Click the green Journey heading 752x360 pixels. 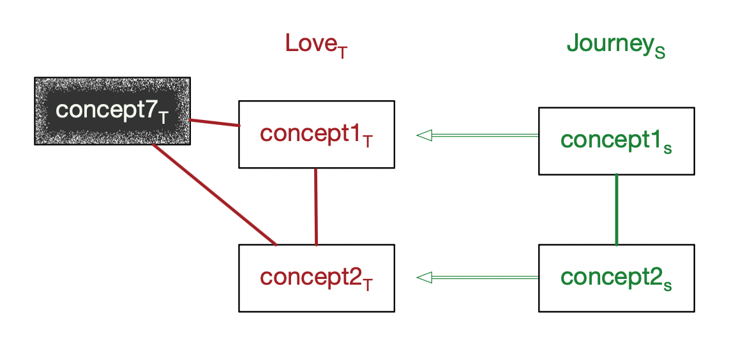(x=615, y=45)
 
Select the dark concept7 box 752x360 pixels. (x=112, y=111)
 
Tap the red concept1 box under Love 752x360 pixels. (x=316, y=134)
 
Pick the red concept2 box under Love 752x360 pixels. (x=316, y=278)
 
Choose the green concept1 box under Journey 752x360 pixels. (x=616, y=140)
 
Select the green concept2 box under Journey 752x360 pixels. (x=616, y=278)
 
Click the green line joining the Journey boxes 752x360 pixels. (x=616, y=209)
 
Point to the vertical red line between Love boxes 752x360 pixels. (x=316, y=206)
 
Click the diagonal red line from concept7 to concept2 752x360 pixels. (x=214, y=194)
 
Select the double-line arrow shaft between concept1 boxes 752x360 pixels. (x=485, y=135)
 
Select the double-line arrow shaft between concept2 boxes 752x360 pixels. (x=485, y=277)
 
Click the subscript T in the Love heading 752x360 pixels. (x=343, y=53)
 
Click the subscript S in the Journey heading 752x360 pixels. (x=660, y=53)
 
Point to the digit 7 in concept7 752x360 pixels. (x=150, y=110)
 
